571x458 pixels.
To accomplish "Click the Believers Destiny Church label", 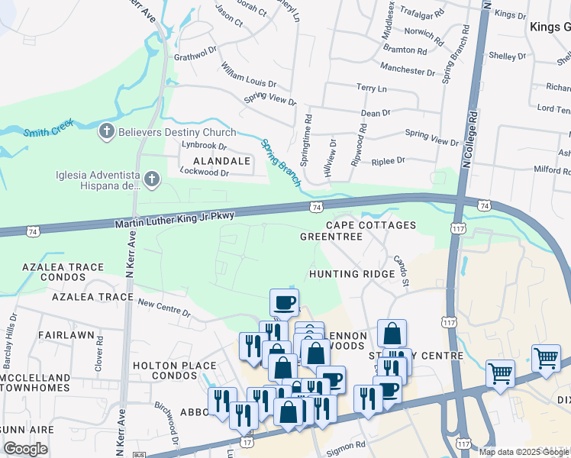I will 177,132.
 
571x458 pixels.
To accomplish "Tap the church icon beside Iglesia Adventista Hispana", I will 152,180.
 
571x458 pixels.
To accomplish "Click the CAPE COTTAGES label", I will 371,225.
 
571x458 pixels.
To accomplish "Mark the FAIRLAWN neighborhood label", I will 65,335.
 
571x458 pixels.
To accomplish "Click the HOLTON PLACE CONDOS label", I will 175,370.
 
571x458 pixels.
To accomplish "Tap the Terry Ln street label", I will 373,89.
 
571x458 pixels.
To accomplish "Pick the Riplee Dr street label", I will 388,160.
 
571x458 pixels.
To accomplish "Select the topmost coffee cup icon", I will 284,302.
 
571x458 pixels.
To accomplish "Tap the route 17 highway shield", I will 247,442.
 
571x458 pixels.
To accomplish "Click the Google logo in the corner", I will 25,448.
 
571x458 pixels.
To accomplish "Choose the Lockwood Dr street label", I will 204,173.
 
